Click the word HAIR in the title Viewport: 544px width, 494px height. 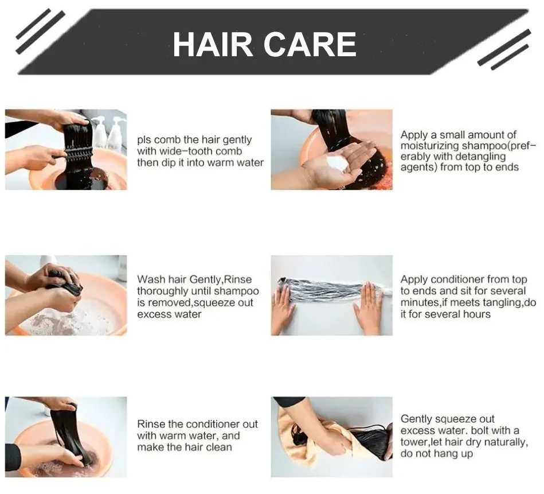point(212,44)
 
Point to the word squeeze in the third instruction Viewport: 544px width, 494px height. point(215,303)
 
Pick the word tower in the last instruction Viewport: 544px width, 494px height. point(415,442)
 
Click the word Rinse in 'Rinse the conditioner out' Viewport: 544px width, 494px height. point(151,424)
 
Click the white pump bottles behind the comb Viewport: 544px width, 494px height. point(108,134)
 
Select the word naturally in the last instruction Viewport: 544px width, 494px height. point(504,442)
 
